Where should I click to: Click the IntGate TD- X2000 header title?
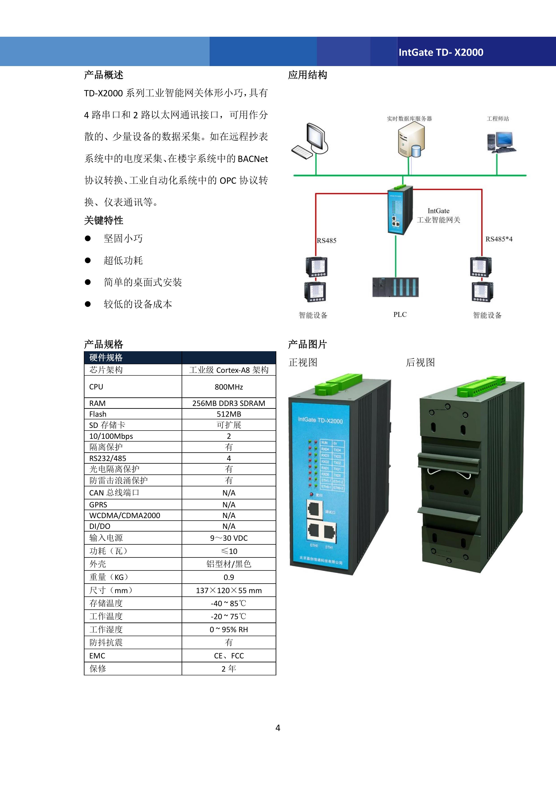[x=441, y=52]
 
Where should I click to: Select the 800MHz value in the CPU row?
[x=229, y=387]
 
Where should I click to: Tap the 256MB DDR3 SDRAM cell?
[x=229, y=403]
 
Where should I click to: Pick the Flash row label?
[x=98, y=414]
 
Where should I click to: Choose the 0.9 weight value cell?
[x=229, y=577]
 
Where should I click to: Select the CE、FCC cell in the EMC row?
[x=229, y=656]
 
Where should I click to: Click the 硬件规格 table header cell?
[x=106, y=358]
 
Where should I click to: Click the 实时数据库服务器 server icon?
[x=411, y=140]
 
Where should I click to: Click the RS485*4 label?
[x=499, y=239]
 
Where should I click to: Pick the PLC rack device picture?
[x=396, y=287]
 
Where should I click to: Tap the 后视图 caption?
[x=420, y=362]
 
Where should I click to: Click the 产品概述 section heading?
[x=104, y=75]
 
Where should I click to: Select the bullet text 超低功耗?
[x=123, y=261]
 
